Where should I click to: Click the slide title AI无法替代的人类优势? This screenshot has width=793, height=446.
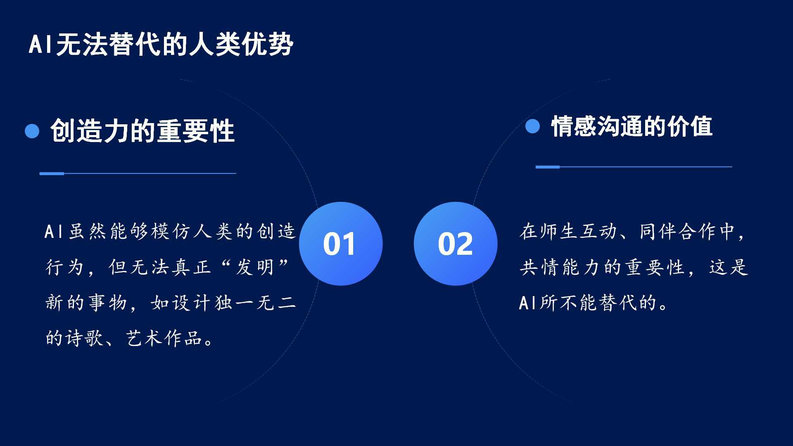coord(161,44)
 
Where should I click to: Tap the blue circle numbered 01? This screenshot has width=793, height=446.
coord(341,244)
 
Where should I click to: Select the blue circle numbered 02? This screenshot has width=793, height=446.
coord(456,244)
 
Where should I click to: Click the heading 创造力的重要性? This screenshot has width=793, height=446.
coord(142,131)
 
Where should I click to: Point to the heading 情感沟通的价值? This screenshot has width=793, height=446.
coord(632,126)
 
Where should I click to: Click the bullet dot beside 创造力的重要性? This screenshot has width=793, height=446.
coord(32,131)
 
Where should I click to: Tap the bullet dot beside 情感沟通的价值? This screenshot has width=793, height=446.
coord(532,126)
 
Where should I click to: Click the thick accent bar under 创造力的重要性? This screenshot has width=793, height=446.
coord(52,173)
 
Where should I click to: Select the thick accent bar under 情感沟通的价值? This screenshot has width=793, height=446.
coord(548,167)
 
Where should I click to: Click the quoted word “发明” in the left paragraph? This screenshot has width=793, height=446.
coord(254,267)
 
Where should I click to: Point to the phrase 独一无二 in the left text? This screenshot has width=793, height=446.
coord(255,303)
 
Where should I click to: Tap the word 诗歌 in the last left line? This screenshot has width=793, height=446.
coord(85,338)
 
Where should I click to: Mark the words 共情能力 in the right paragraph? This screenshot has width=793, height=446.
coord(559,267)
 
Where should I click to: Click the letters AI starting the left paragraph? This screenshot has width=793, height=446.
coord(53,231)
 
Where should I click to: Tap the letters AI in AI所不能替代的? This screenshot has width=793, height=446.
coord(528,303)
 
